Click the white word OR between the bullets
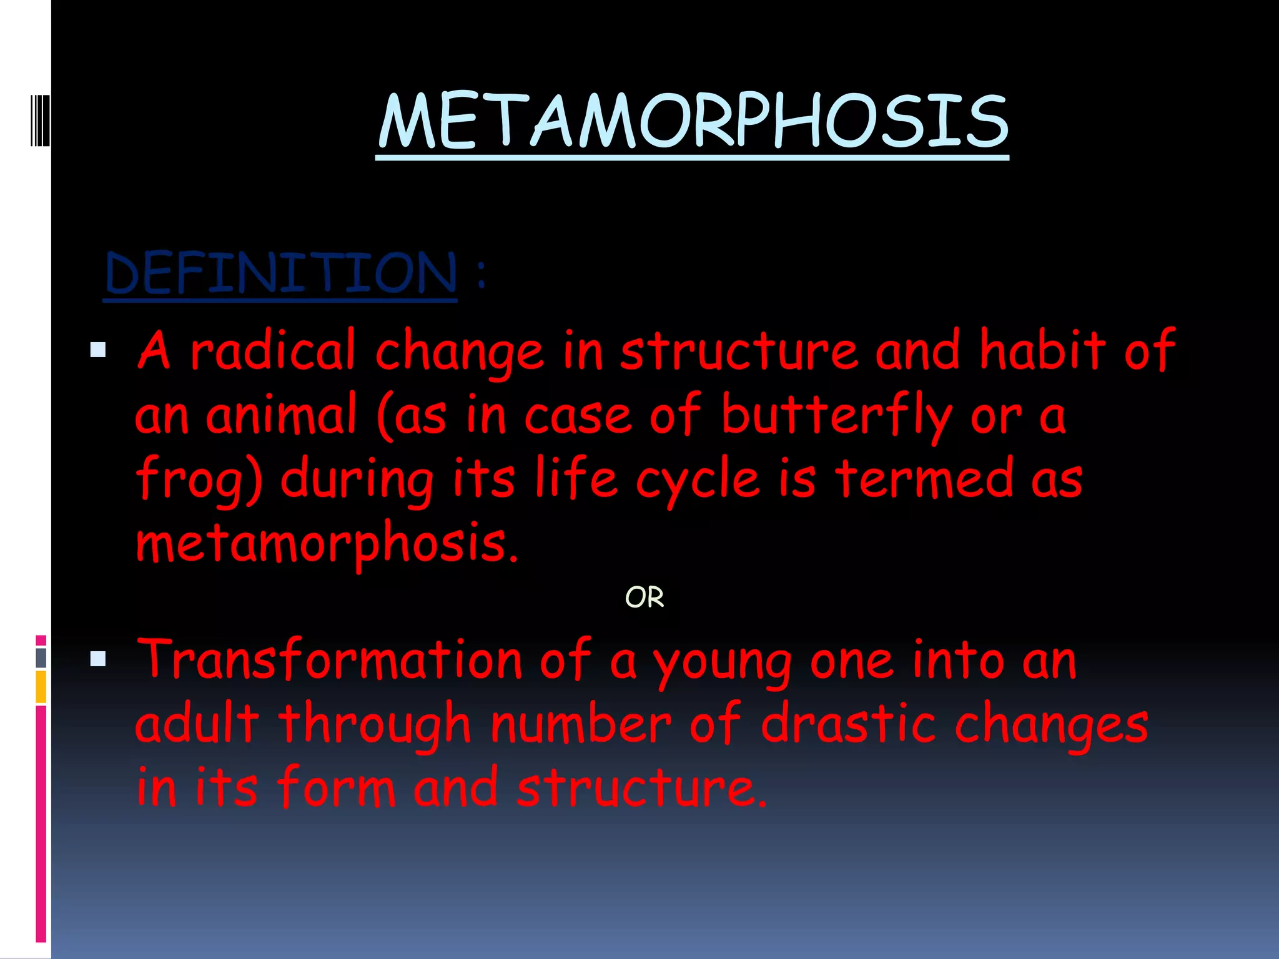[x=644, y=598]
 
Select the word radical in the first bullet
[x=273, y=351]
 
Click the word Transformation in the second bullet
[x=329, y=661]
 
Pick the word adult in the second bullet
[x=197, y=724]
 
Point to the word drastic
[x=849, y=724]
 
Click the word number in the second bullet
[x=581, y=724]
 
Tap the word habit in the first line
[x=1042, y=351]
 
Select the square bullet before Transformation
[x=98, y=659]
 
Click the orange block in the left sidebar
[x=41, y=686]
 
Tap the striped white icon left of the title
[x=41, y=119]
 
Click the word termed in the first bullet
[x=925, y=479]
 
